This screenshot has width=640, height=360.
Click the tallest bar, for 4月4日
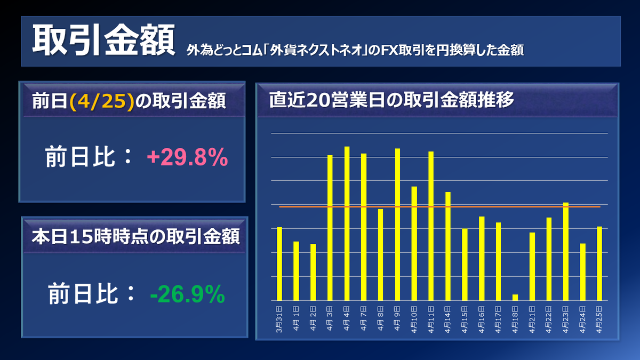[x=347, y=223]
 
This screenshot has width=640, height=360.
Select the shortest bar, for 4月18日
[x=515, y=297]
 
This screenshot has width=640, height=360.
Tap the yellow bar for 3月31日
[x=279, y=263]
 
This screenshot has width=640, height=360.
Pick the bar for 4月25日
[x=599, y=263]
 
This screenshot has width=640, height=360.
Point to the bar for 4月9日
[x=397, y=225]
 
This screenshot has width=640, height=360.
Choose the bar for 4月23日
[x=566, y=251]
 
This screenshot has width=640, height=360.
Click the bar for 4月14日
[x=448, y=246]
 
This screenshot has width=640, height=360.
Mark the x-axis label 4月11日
[x=431, y=319]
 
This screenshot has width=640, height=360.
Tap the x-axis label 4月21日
[x=532, y=319]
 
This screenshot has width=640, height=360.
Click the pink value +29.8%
[x=187, y=158]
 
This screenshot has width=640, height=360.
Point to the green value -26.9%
[x=187, y=294]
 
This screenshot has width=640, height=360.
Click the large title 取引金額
[x=103, y=42]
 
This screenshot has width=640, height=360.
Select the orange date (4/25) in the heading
[x=101, y=101]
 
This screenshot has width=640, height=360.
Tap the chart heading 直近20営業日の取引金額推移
[x=391, y=100]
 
